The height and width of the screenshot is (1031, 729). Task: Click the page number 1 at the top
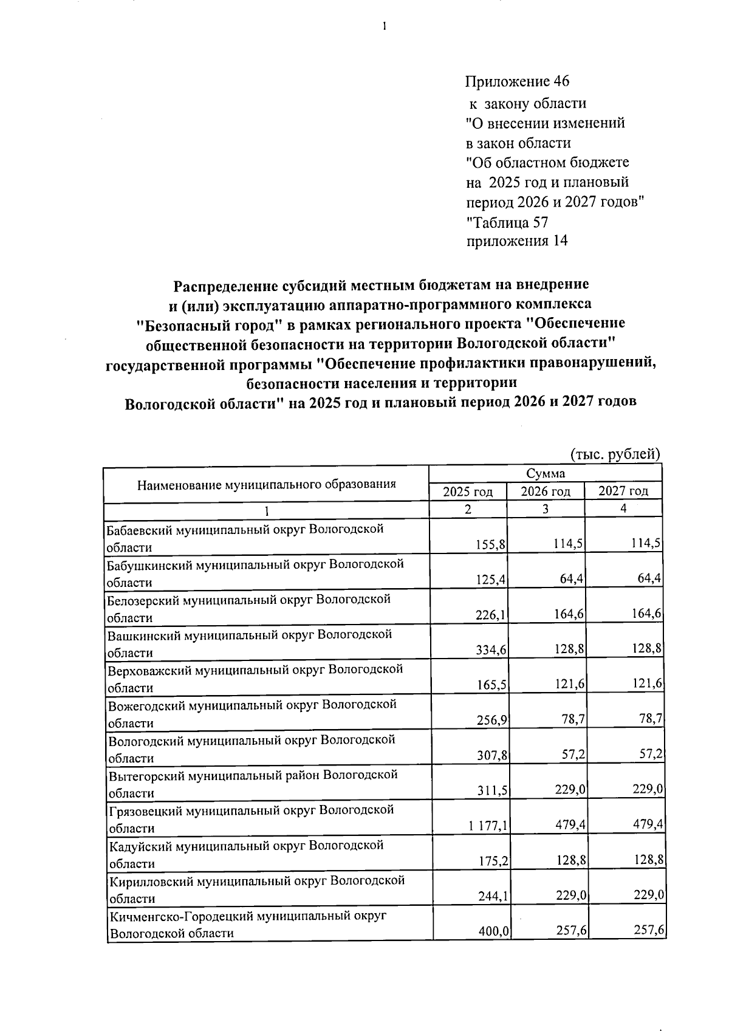click(385, 26)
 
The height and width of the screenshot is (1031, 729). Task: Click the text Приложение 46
click(517, 81)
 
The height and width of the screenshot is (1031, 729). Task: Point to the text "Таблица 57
click(507, 221)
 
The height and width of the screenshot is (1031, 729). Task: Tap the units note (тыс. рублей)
click(614, 454)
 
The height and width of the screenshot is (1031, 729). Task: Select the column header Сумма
click(545, 474)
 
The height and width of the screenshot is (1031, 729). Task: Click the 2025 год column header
click(467, 492)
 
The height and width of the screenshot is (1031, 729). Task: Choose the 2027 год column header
click(623, 491)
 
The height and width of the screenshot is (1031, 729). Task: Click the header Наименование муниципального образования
click(266, 484)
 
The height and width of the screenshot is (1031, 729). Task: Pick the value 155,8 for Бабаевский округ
click(491, 545)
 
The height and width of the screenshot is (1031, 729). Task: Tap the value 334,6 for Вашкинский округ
click(491, 650)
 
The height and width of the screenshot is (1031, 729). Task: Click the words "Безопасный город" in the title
click(208, 324)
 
